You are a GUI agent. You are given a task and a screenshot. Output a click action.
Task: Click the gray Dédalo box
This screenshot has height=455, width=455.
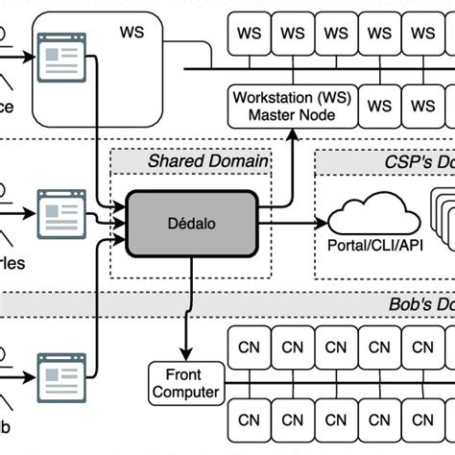(x=193, y=221)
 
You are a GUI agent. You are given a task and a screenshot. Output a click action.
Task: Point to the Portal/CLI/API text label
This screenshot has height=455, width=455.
(x=370, y=244)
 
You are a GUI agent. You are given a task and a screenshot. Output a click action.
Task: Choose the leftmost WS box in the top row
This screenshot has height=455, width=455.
(x=249, y=33)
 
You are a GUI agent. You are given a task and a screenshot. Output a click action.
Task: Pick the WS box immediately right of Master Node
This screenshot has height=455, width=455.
(x=381, y=106)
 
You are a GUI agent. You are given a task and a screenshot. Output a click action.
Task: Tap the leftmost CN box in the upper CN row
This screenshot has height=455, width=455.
(x=250, y=347)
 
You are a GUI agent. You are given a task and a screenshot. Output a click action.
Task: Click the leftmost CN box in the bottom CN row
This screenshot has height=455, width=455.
(x=250, y=419)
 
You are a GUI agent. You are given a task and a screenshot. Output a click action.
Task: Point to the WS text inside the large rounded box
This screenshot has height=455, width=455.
(x=132, y=31)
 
